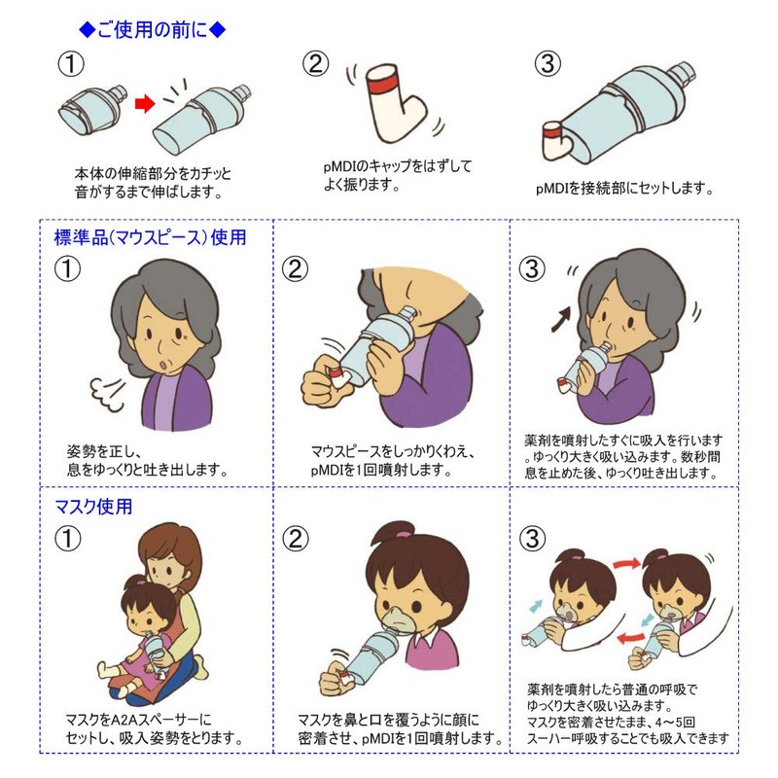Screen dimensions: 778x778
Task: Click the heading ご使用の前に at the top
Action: click(153, 30)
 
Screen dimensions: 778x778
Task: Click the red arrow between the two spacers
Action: click(145, 104)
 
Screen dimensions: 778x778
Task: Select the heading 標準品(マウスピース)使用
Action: click(150, 237)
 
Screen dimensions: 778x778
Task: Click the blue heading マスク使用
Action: click(93, 507)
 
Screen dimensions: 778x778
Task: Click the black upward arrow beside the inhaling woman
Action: click(561, 319)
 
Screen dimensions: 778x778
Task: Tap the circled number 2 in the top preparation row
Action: click(315, 64)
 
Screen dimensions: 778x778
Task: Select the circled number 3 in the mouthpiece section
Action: click(532, 269)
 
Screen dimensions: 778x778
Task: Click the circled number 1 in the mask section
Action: click(67, 539)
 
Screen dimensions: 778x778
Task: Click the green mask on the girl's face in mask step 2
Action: click(400, 619)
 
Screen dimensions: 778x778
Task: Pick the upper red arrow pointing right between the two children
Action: click(626, 563)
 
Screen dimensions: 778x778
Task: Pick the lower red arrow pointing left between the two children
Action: click(630, 637)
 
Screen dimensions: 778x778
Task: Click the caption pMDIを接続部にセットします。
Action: click(624, 189)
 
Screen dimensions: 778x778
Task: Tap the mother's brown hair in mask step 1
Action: click(171, 550)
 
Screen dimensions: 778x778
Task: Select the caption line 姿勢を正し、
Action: click(105, 451)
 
